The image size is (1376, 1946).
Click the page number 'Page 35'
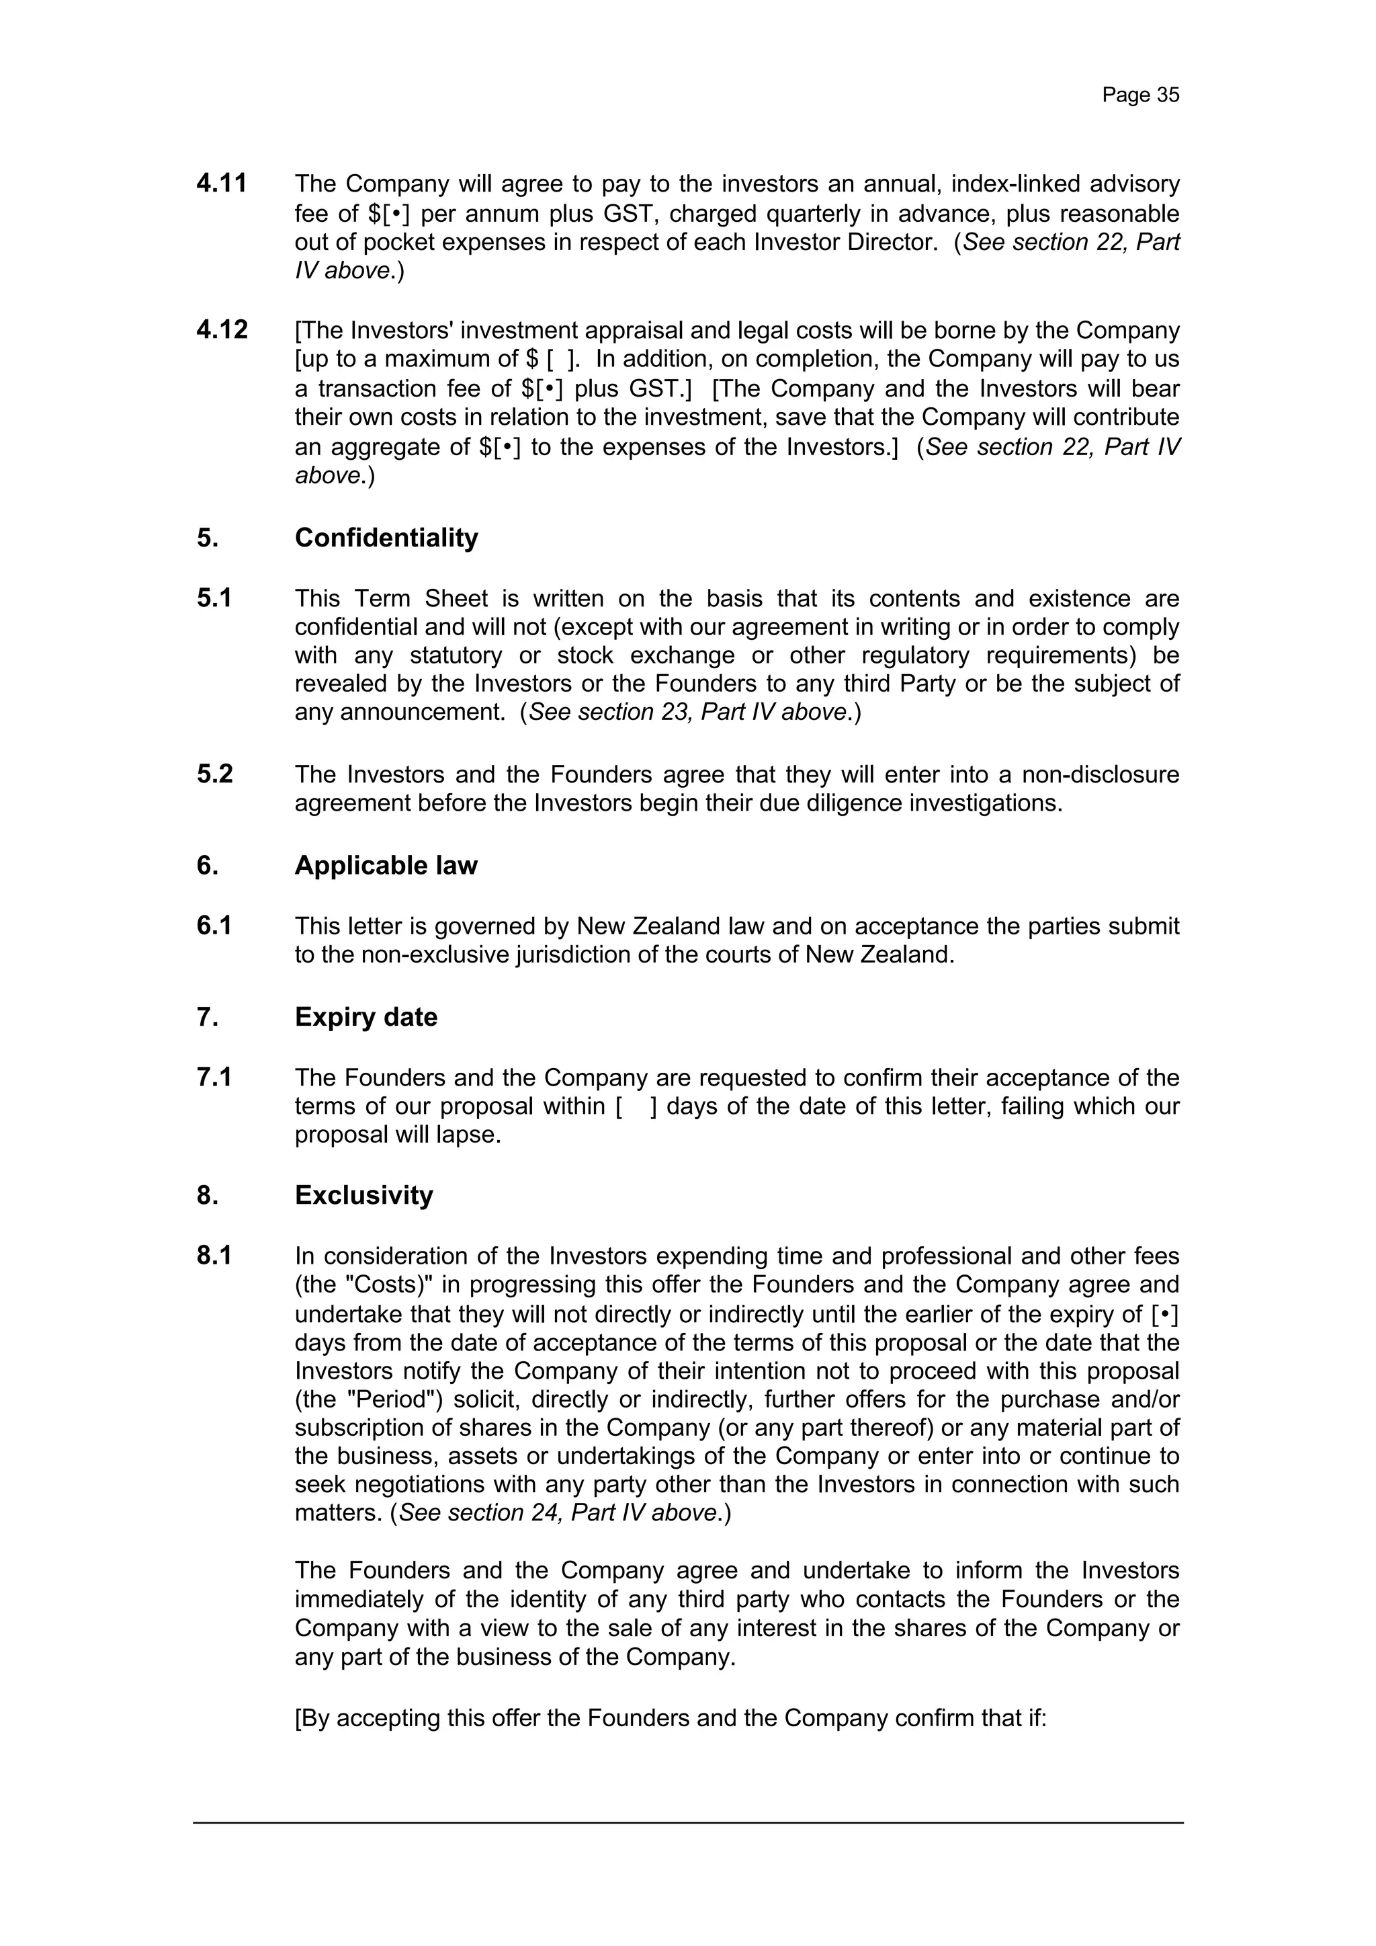pyautogui.click(x=1139, y=95)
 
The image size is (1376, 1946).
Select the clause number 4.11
pyautogui.click(x=221, y=183)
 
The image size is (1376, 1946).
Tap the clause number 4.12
pyautogui.click(x=222, y=329)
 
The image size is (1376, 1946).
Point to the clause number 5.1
pyautogui.click(x=214, y=598)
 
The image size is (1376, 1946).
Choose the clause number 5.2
pyautogui.click(x=214, y=774)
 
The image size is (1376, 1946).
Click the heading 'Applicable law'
pyautogui.click(x=386, y=865)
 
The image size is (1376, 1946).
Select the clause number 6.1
pyautogui.click(x=214, y=926)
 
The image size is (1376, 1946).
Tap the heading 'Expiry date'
pyautogui.click(x=366, y=1016)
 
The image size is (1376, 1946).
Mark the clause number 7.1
pyautogui.click(x=214, y=1078)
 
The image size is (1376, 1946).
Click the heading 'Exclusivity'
pyautogui.click(x=363, y=1195)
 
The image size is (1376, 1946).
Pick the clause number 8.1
pyautogui.click(x=214, y=1255)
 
